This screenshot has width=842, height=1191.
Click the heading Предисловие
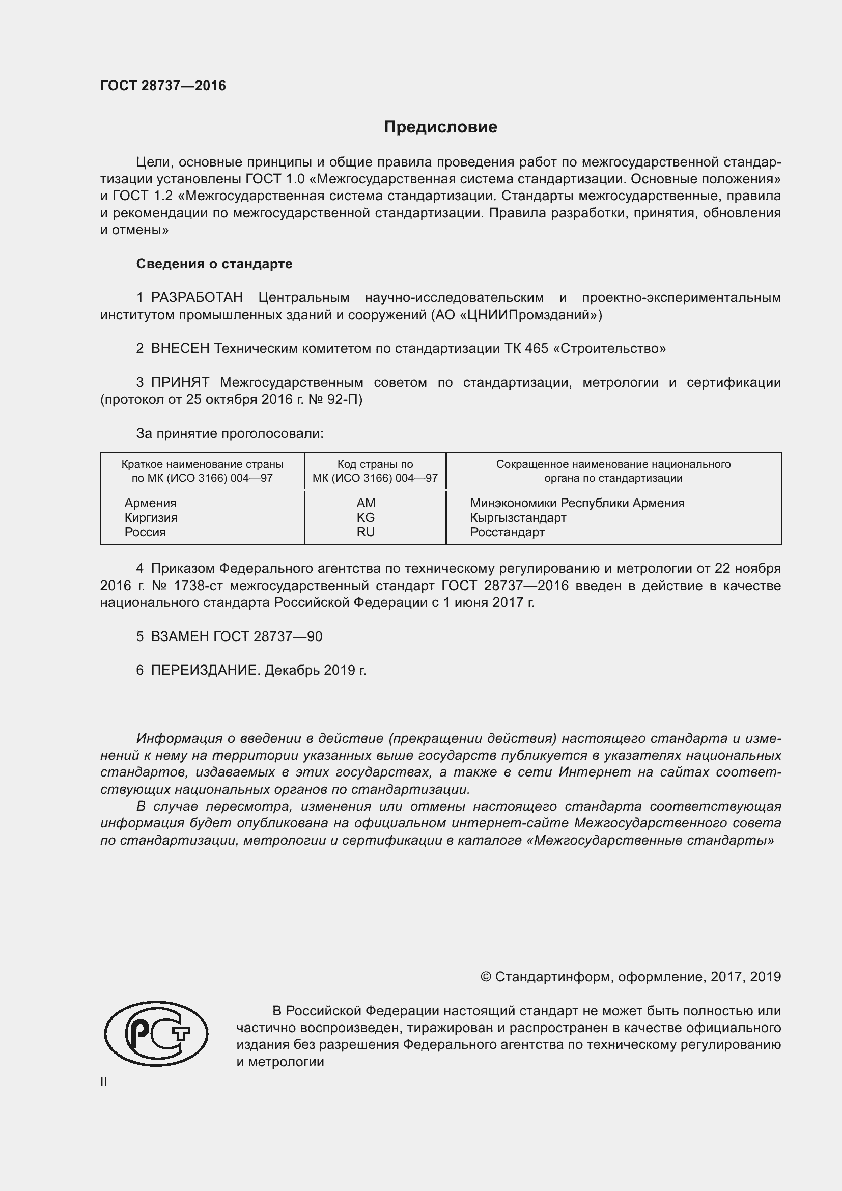tap(440, 127)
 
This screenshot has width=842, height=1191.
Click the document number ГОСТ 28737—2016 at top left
tap(163, 86)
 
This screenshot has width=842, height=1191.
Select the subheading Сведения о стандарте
tap(214, 264)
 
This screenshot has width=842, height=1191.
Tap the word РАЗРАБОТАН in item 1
tap(197, 298)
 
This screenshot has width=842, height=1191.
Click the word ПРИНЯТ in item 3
tap(180, 383)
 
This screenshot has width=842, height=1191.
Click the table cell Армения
tap(150, 503)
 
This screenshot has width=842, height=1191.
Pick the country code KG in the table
tap(366, 517)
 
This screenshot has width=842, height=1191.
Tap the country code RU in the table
tap(366, 532)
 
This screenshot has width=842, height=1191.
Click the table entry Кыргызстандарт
tap(518, 517)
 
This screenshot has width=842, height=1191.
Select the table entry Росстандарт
tap(507, 532)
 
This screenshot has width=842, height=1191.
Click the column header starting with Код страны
tap(375, 471)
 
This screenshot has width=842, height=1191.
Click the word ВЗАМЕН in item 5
tap(180, 636)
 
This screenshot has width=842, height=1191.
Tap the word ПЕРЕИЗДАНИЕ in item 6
tap(204, 670)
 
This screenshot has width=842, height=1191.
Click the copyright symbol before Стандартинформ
tap(486, 977)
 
